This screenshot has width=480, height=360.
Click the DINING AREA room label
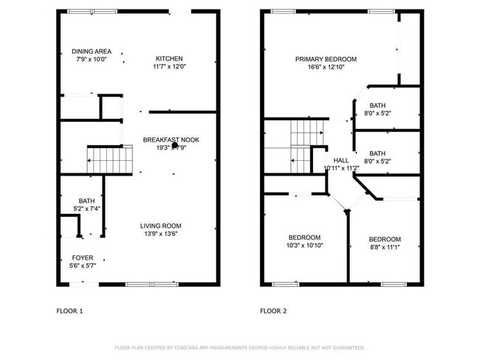(92, 51)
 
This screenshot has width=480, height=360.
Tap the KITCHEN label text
(169, 59)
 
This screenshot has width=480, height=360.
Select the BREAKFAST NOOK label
(171, 139)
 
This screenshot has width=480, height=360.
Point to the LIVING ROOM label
(160, 226)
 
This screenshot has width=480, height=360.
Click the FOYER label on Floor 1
(83, 257)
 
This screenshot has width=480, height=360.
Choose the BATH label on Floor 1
(86, 201)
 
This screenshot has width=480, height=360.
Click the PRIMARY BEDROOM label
(326, 59)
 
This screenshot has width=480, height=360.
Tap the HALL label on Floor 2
(341, 160)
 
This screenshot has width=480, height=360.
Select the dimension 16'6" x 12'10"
(326, 67)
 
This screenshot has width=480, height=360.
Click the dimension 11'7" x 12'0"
(169, 67)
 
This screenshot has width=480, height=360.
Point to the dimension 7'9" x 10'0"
(92, 59)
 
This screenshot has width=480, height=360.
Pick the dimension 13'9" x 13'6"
(160, 234)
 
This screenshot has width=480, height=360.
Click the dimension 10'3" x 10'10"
(304, 245)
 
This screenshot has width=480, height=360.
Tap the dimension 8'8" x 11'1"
(385, 248)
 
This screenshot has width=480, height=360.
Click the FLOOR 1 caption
(70, 311)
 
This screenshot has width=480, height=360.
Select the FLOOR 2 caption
(273, 311)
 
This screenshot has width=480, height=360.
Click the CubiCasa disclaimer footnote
(240, 347)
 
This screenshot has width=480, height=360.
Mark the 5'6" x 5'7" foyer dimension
(83, 266)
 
